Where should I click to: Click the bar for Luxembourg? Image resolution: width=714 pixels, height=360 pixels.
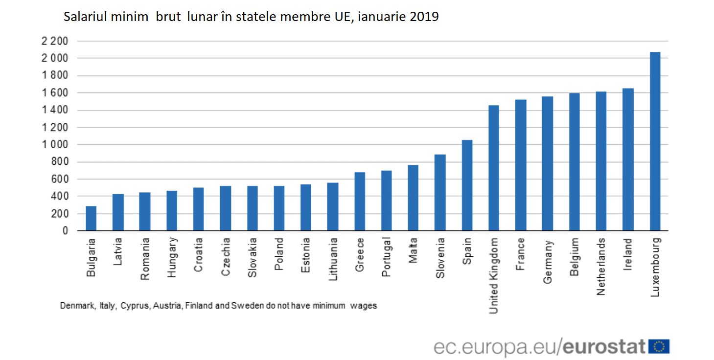point(655,141)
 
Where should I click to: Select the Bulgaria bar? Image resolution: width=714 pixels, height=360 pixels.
point(91,219)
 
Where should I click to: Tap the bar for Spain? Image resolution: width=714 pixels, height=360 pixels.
point(467,185)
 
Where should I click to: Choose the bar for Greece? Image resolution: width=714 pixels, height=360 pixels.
point(359,202)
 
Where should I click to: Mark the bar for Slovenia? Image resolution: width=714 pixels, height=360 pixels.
point(440,193)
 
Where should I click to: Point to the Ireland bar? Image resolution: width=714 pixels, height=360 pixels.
point(628,159)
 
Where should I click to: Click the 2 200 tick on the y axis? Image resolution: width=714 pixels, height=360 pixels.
point(54,41)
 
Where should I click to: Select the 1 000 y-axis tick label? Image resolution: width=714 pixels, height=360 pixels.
point(54,145)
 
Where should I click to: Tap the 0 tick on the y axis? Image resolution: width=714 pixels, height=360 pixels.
point(65,231)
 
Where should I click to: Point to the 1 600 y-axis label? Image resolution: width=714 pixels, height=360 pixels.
point(54,93)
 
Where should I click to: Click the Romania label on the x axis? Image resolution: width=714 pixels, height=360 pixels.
point(145,259)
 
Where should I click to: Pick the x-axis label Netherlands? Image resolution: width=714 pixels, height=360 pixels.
point(601,266)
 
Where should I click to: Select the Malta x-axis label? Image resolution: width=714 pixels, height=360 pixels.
point(414,250)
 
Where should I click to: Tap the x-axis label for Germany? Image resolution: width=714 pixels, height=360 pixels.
point(548,262)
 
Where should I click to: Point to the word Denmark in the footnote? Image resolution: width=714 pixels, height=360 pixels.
point(77,306)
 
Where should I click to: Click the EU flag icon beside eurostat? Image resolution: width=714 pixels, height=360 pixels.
point(659,346)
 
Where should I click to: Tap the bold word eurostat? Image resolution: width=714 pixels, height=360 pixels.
point(604,347)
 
